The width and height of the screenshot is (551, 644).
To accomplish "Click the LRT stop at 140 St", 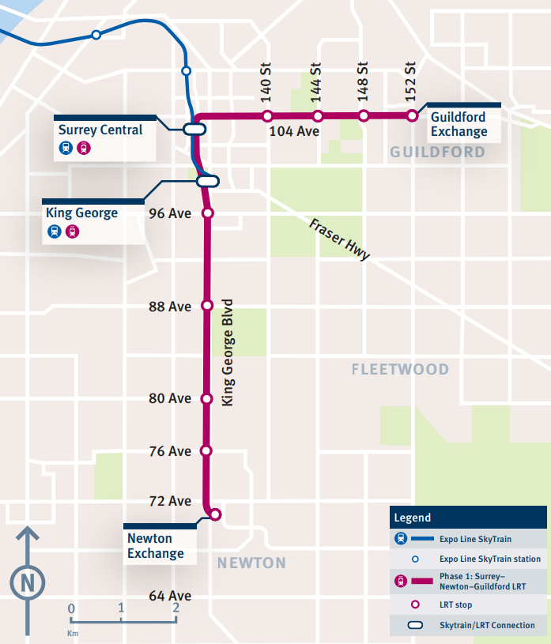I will click(x=267, y=117).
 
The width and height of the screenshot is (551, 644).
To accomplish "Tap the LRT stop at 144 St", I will click(x=318, y=117).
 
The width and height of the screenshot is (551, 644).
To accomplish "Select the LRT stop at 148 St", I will click(x=364, y=117).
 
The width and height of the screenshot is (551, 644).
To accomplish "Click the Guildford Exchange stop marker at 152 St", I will click(x=412, y=116).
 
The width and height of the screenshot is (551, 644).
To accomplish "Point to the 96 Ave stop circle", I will click(x=208, y=213).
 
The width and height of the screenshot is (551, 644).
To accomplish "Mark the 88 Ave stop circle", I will click(x=208, y=306).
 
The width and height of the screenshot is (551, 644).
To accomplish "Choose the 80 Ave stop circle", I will click(x=207, y=399).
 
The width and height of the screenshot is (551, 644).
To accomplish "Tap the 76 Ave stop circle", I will click(x=206, y=451).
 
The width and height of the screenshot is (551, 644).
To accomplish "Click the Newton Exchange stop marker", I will click(x=215, y=515).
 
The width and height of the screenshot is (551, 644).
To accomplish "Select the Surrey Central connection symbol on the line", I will click(x=194, y=129).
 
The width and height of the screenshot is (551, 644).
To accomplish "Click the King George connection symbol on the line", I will click(x=207, y=181).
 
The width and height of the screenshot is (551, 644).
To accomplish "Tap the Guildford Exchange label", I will click(x=459, y=125).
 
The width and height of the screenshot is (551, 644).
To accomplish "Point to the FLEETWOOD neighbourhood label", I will click(x=400, y=369).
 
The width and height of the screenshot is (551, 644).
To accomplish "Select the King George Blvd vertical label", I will click(x=228, y=352).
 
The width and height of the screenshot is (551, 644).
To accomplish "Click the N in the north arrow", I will click(x=28, y=583).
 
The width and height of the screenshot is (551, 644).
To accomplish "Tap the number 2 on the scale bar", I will click(x=175, y=608).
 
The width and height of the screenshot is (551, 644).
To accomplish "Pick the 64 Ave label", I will click(x=170, y=596).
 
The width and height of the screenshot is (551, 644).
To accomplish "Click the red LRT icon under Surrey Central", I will click(x=83, y=148).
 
